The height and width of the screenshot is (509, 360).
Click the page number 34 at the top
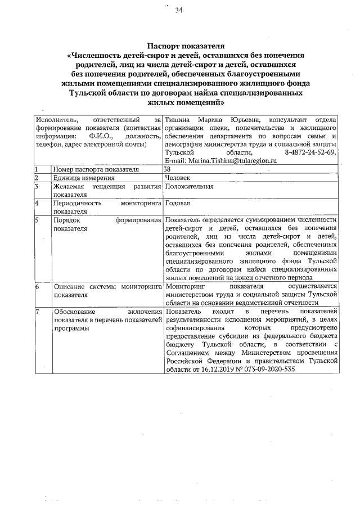click(178, 10)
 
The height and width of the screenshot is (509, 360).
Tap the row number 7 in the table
click(37, 311)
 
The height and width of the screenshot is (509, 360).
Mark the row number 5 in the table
click(37, 219)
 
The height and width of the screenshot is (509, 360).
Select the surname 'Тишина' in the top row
click(178, 120)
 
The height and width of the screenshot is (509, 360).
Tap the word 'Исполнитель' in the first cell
click(55, 120)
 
